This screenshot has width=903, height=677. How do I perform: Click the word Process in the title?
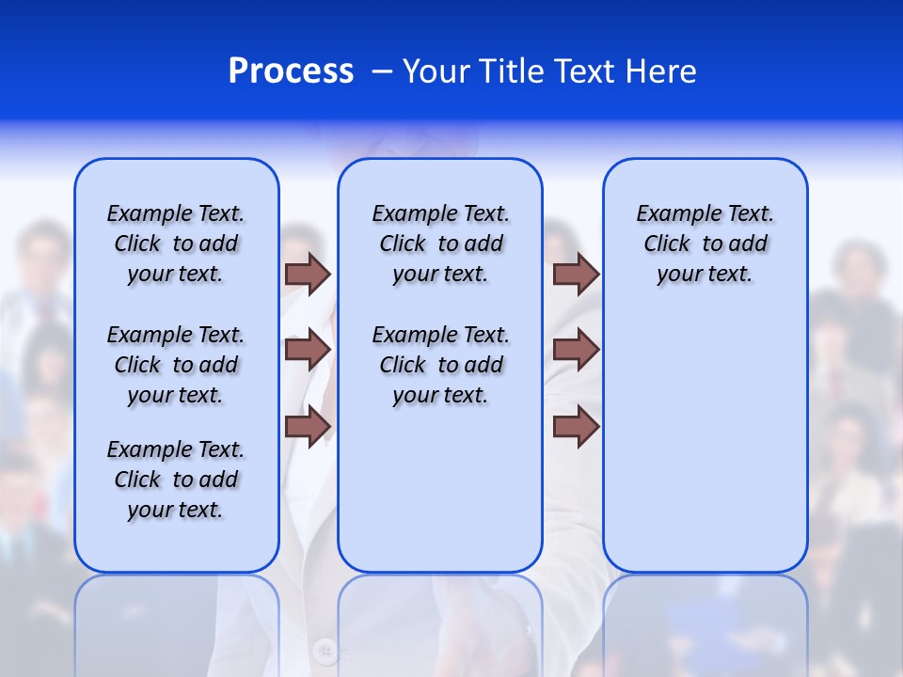[291, 71]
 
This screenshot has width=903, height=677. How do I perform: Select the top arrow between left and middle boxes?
[307, 274]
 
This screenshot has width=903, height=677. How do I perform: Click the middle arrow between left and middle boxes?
[307, 350]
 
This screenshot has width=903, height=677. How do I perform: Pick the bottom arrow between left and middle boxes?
[307, 426]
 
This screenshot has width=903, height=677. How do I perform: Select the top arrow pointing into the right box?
[576, 274]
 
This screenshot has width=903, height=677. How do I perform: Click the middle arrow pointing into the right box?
[576, 350]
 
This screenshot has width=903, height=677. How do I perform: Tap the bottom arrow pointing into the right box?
[576, 426]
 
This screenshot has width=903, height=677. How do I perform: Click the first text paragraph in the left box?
[176, 244]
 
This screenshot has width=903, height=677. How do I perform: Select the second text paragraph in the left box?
[176, 365]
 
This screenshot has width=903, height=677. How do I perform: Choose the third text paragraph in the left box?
[176, 480]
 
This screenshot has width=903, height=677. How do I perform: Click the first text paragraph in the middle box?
[440, 244]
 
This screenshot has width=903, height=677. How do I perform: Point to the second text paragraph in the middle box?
[440, 365]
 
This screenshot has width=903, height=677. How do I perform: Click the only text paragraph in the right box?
[705, 244]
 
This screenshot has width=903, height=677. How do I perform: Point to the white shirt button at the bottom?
[325, 650]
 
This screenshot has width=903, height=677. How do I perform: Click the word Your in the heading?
[434, 71]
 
